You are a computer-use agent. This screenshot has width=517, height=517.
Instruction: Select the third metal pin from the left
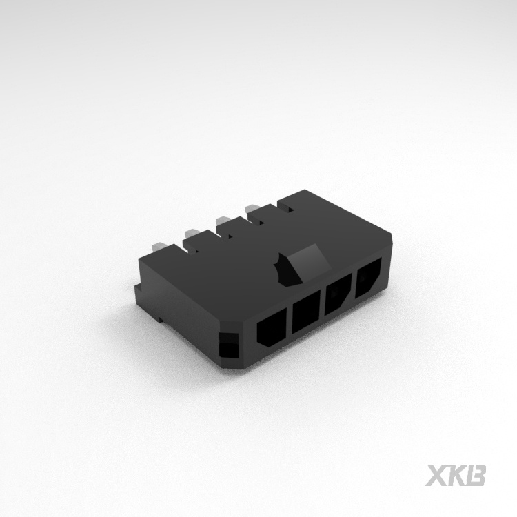pyautogui.click(x=223, y=221)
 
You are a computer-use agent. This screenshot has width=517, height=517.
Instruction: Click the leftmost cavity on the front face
pyautogui.click(x=272, y=326)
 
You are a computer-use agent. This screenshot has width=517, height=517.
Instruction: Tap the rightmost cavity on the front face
pyautogui.click(x=367, y=279)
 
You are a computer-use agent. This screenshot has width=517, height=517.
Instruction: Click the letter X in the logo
pyautogui.click(x=436, y=476)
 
